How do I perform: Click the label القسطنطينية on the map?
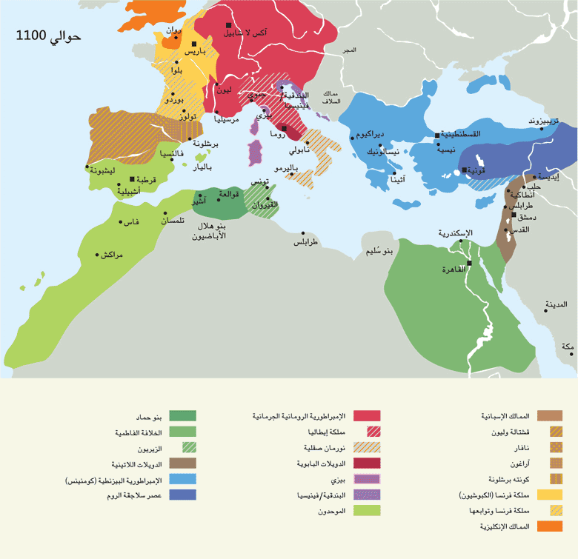(462, 134)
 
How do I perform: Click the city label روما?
(280, 136)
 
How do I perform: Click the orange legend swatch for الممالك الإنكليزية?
(549, 527)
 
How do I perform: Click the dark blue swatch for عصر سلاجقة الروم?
(182, 495)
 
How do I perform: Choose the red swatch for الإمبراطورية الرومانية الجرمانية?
(367, 416)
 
